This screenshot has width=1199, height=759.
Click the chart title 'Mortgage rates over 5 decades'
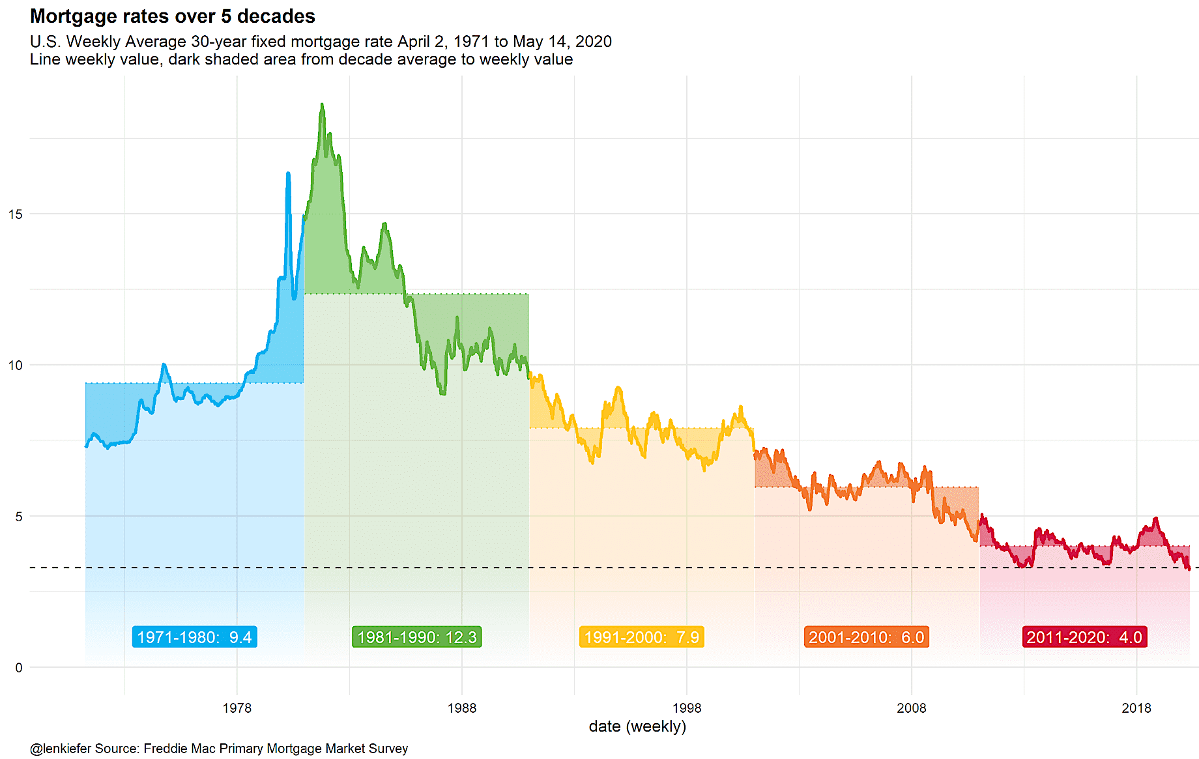coord(173,16)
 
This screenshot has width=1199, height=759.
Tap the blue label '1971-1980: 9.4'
coord(194,637)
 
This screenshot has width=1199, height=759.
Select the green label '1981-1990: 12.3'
coord(417,637)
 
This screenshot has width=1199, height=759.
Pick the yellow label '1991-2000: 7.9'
coord(642,637)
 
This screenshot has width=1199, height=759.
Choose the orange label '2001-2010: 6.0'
coord(867,637)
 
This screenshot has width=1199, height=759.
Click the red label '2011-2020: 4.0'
coord(1084,637)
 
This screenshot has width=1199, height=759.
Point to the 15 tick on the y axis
coord(15,214)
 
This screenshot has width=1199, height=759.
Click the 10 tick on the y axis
coord(15,365)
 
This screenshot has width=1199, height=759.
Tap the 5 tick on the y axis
coord(18,517)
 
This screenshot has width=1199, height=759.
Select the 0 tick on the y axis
coord(18,668)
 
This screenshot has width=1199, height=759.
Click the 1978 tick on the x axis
coord(237,708)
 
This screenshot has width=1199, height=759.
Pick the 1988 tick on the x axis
coord(461,708)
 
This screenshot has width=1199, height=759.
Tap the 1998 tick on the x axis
coord(686,708)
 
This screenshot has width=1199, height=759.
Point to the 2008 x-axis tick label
coord(911,708)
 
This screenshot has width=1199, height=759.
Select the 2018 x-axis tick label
coord(1136,708)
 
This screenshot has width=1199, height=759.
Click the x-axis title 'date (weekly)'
coord(637,726)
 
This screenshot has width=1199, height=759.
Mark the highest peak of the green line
coord(322,104)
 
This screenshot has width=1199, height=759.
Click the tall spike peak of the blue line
coord(288,173)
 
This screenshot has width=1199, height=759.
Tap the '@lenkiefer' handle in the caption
coord(60,749)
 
